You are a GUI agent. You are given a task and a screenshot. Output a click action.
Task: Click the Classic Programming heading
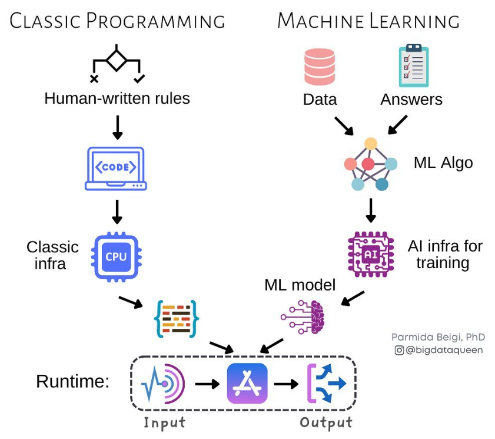coord(117,21)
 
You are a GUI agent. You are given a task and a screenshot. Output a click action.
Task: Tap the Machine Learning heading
coord(368,21)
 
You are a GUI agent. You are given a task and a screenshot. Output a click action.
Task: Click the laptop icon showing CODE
coord(116,169)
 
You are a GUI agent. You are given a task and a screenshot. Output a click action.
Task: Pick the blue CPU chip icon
coord(115,257)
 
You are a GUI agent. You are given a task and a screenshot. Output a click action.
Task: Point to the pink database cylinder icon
coord(320,67)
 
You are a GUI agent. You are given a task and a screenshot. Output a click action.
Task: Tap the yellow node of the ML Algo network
coord(370,143)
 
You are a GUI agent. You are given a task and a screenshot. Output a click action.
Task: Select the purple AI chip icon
coord(371,255)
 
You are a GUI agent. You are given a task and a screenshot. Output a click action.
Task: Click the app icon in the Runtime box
coord(247,383)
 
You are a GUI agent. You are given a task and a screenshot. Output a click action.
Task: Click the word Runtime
coord(72,381)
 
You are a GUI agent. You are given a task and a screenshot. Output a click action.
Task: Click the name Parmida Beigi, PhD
coord(438,337)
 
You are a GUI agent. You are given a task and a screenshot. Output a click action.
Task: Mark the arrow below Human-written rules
coord(117,127)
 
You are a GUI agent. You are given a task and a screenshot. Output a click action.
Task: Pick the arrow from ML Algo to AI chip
coord(371,210)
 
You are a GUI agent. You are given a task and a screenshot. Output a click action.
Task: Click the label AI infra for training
coord(444,254)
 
